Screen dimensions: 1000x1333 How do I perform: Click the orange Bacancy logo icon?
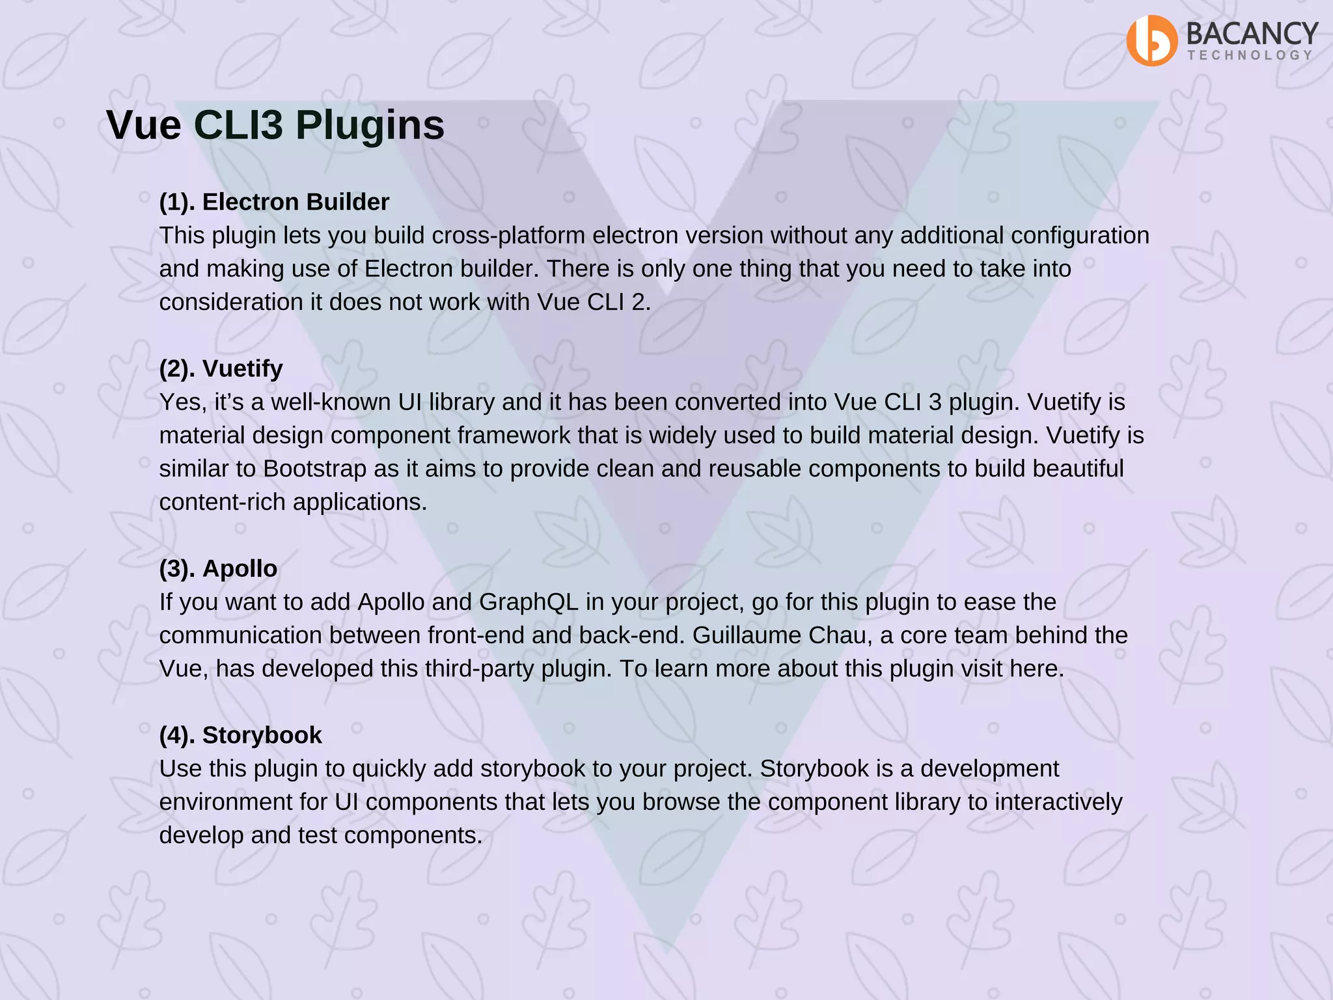coord(1151,40)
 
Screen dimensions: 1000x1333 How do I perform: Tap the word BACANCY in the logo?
coord(1252,33)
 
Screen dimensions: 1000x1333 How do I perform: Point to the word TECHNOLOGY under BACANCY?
coord(1249,55)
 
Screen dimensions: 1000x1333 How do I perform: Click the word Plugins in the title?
coord(370,125)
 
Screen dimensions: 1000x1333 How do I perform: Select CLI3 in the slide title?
coord(238,125)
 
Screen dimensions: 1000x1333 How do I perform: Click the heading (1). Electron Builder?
coord(274,202)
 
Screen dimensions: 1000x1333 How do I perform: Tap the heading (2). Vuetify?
coord(221,368)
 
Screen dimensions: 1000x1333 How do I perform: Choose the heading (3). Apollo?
coord(218,568)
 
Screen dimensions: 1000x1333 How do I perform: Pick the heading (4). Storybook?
coord(240,735)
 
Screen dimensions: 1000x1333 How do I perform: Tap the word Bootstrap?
coord(314,469)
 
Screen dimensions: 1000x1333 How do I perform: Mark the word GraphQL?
coord(529,602)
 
